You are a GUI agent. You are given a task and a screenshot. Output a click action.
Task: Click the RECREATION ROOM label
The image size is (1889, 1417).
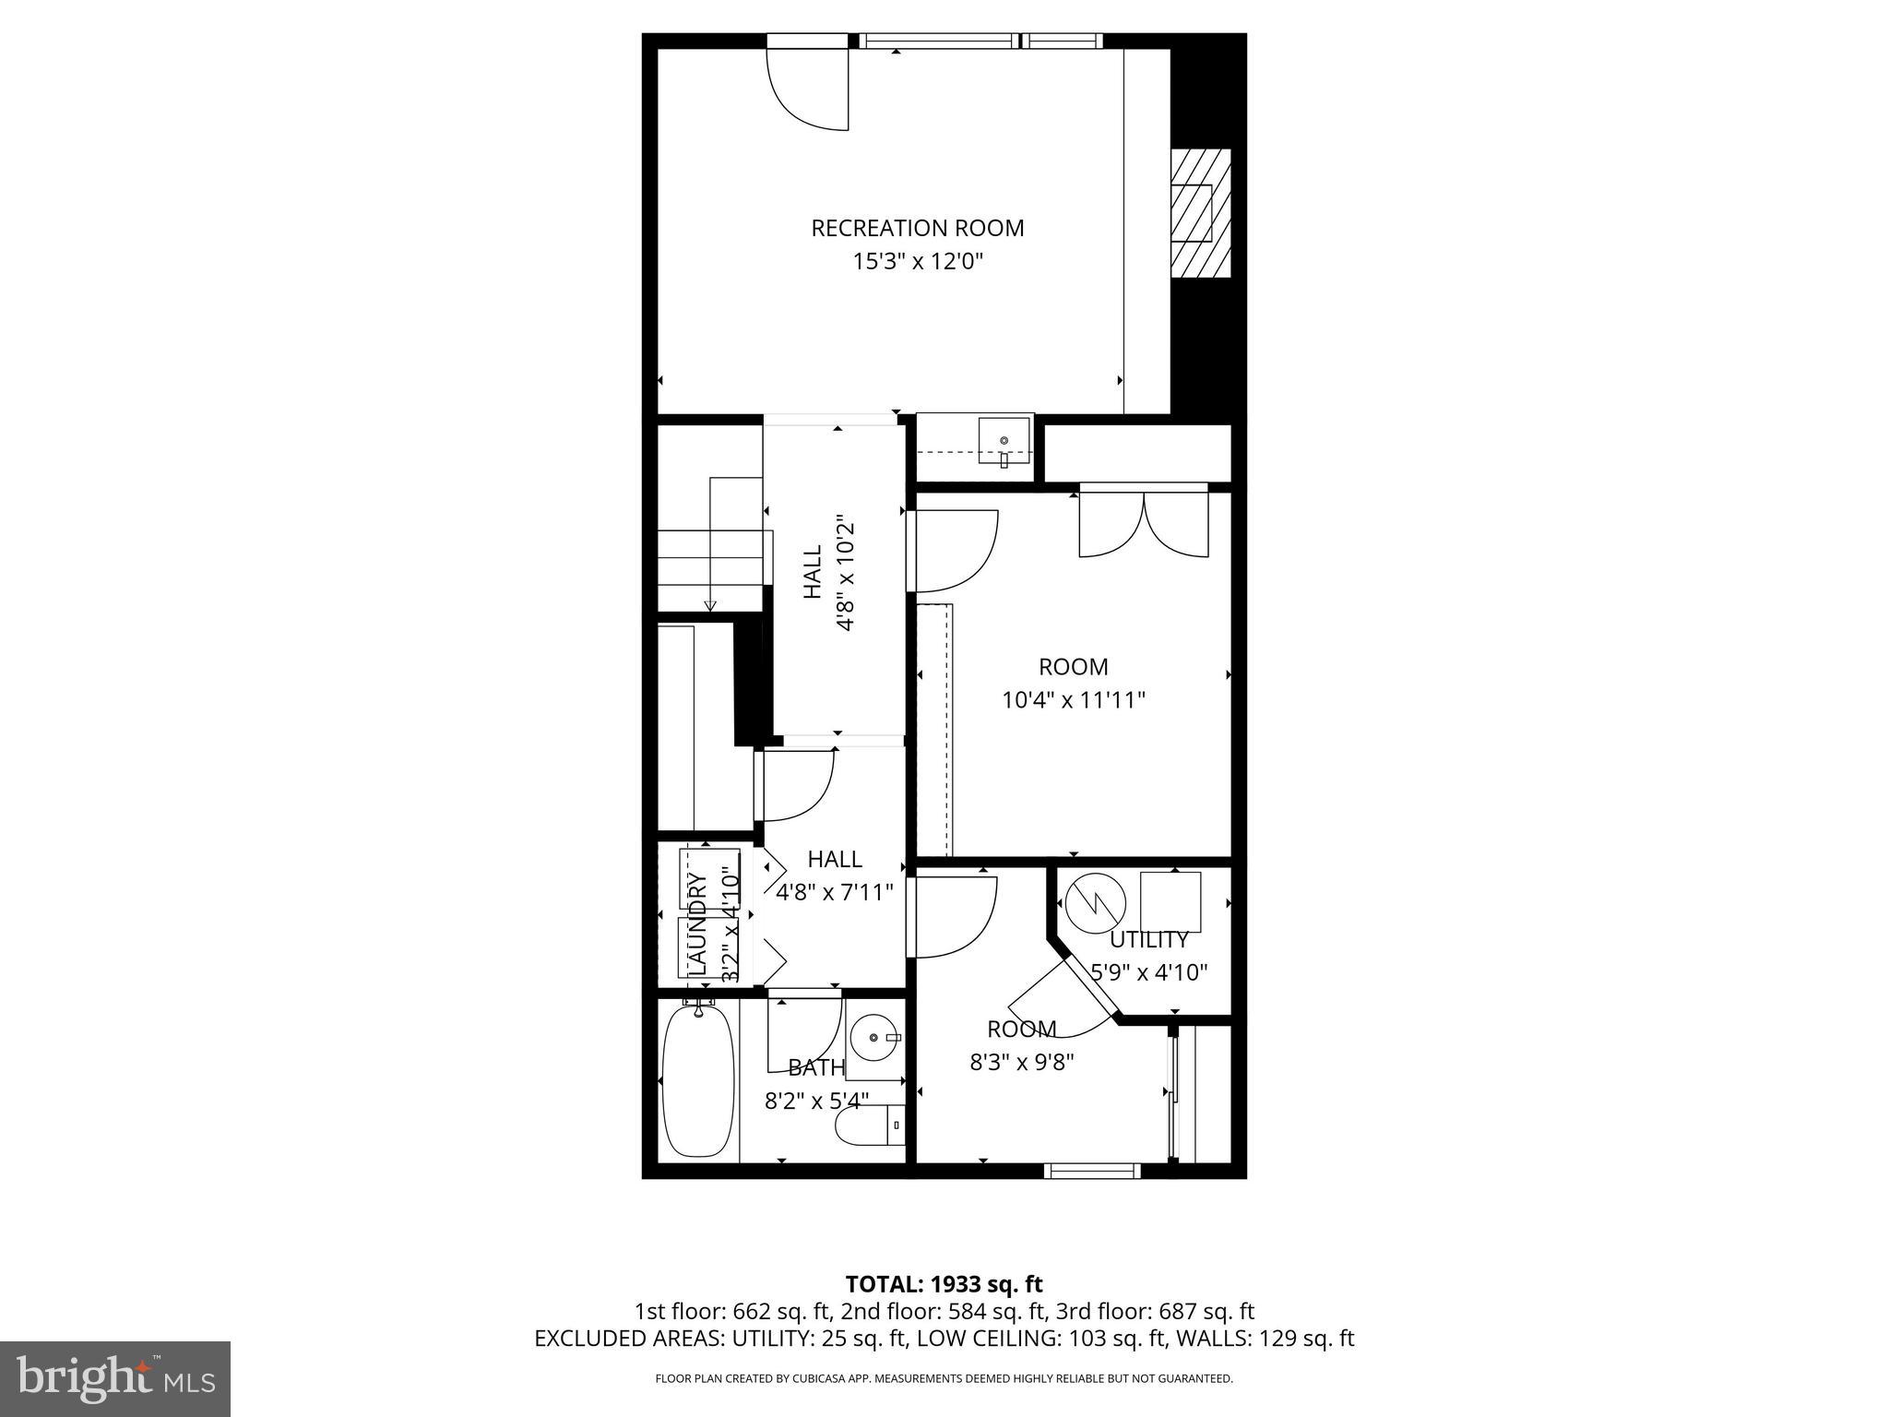917,228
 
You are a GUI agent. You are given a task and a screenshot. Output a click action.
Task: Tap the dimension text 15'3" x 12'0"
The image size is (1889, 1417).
917,262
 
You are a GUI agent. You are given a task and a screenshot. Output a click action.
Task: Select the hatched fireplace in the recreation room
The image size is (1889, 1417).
1200,213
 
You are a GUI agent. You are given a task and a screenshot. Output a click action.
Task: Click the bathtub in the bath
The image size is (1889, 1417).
699,1080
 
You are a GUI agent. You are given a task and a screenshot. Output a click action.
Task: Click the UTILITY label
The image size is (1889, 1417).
1148,940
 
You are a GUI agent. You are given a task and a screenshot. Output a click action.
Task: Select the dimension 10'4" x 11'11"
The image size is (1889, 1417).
1074,700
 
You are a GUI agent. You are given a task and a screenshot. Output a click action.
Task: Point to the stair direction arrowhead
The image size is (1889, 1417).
710,605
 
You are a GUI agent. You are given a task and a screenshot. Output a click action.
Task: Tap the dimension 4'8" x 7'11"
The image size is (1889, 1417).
835,892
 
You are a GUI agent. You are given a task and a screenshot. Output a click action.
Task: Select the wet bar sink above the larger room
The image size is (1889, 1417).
1004,443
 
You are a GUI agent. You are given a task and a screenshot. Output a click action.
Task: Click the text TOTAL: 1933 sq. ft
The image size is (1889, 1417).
944,1283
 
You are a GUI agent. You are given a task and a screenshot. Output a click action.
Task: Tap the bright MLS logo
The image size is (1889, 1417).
115,1378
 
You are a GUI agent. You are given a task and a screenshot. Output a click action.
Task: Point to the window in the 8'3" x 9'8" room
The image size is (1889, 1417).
1092,1171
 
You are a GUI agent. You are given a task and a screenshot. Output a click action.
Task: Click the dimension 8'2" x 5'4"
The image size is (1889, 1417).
816,1101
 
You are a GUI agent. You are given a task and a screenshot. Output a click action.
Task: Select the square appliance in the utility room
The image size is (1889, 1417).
1170,901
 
